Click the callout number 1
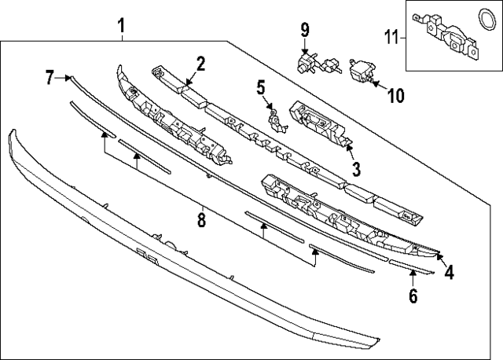point(122,26)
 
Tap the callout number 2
point(200,63)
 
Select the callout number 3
point(355,168)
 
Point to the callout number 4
point(449,272)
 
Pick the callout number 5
point(262,88)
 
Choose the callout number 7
point(50,77)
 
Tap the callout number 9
point(305,31)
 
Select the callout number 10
point(395,96)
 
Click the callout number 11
point(391,35)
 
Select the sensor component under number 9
point(307,62)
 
